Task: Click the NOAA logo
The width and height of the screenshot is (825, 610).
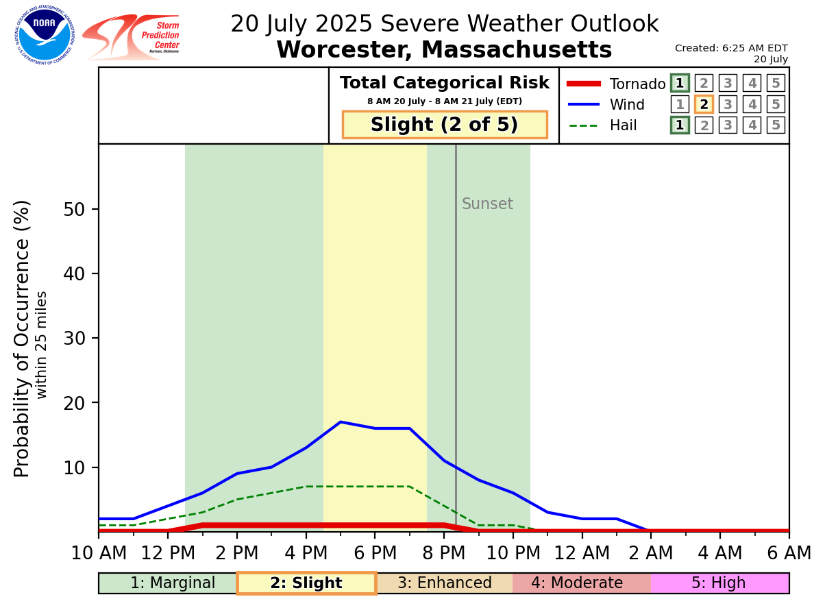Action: (x=45, y=35)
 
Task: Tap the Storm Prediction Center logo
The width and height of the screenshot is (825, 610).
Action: (x=131, y=37)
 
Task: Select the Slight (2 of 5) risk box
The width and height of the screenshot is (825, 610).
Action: (x=445, y=125)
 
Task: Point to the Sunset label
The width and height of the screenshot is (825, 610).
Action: (x=487, y=204)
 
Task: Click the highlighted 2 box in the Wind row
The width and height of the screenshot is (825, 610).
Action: (x=704, y=104)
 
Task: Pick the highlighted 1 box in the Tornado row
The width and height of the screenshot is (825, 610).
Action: (x=680, y=84)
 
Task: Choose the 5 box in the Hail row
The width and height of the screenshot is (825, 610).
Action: (x=776, y=125)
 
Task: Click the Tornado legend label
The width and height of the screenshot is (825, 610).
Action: (x=637, y=84)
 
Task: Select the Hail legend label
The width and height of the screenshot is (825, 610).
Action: (x=623, y=125)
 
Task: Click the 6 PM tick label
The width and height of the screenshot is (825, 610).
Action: (x=375, y=552)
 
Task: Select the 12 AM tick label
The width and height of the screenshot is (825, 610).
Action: (x=582, y=552)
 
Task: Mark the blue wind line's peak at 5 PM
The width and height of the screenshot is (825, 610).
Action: (x=341, y=422)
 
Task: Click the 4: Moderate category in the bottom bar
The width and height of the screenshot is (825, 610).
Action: (x=582, y=583)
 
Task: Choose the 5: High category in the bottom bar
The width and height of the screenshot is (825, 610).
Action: (x=719, y=583)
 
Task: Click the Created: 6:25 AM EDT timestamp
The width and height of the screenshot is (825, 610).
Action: (x=731, y=48)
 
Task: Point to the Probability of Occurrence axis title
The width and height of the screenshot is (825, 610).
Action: (x=23, y=339)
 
